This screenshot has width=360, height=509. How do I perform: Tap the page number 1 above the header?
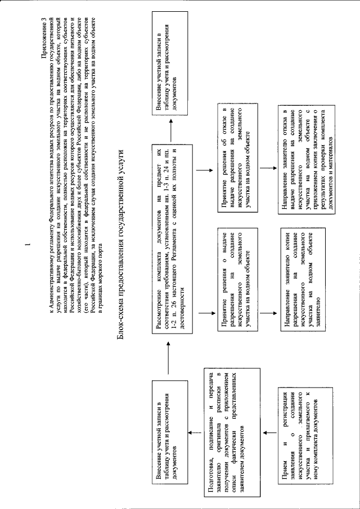click(25, 246)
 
